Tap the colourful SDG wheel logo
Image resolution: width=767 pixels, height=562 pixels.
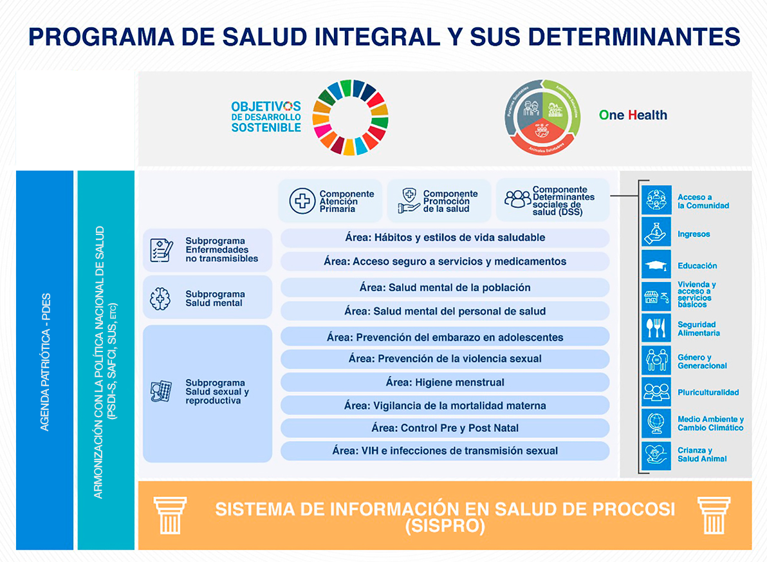350,117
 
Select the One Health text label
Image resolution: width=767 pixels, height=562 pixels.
633,115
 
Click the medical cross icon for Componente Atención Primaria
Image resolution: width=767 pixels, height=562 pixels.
300,201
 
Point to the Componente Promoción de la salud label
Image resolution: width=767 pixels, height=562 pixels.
450,201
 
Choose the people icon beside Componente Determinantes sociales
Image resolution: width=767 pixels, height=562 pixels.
517,200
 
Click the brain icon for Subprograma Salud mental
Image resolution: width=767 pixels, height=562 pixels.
160,298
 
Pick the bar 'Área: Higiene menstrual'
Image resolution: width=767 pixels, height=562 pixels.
445,382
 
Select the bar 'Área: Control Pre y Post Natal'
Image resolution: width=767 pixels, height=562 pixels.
445,428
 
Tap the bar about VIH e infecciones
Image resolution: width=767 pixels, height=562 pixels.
445,451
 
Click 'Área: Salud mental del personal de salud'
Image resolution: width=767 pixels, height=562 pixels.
445,311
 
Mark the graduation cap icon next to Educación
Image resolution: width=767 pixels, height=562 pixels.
656,264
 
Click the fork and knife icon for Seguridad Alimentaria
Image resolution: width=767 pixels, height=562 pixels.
656,328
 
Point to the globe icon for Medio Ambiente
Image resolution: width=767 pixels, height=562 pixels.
656,423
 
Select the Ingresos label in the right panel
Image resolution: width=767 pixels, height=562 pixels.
694,234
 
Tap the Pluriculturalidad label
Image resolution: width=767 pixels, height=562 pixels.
708,392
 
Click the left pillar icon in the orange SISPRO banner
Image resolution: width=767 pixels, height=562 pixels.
171,515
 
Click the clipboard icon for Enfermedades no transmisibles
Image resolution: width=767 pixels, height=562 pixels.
161,250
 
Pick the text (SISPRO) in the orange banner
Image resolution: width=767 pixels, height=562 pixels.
445,526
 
